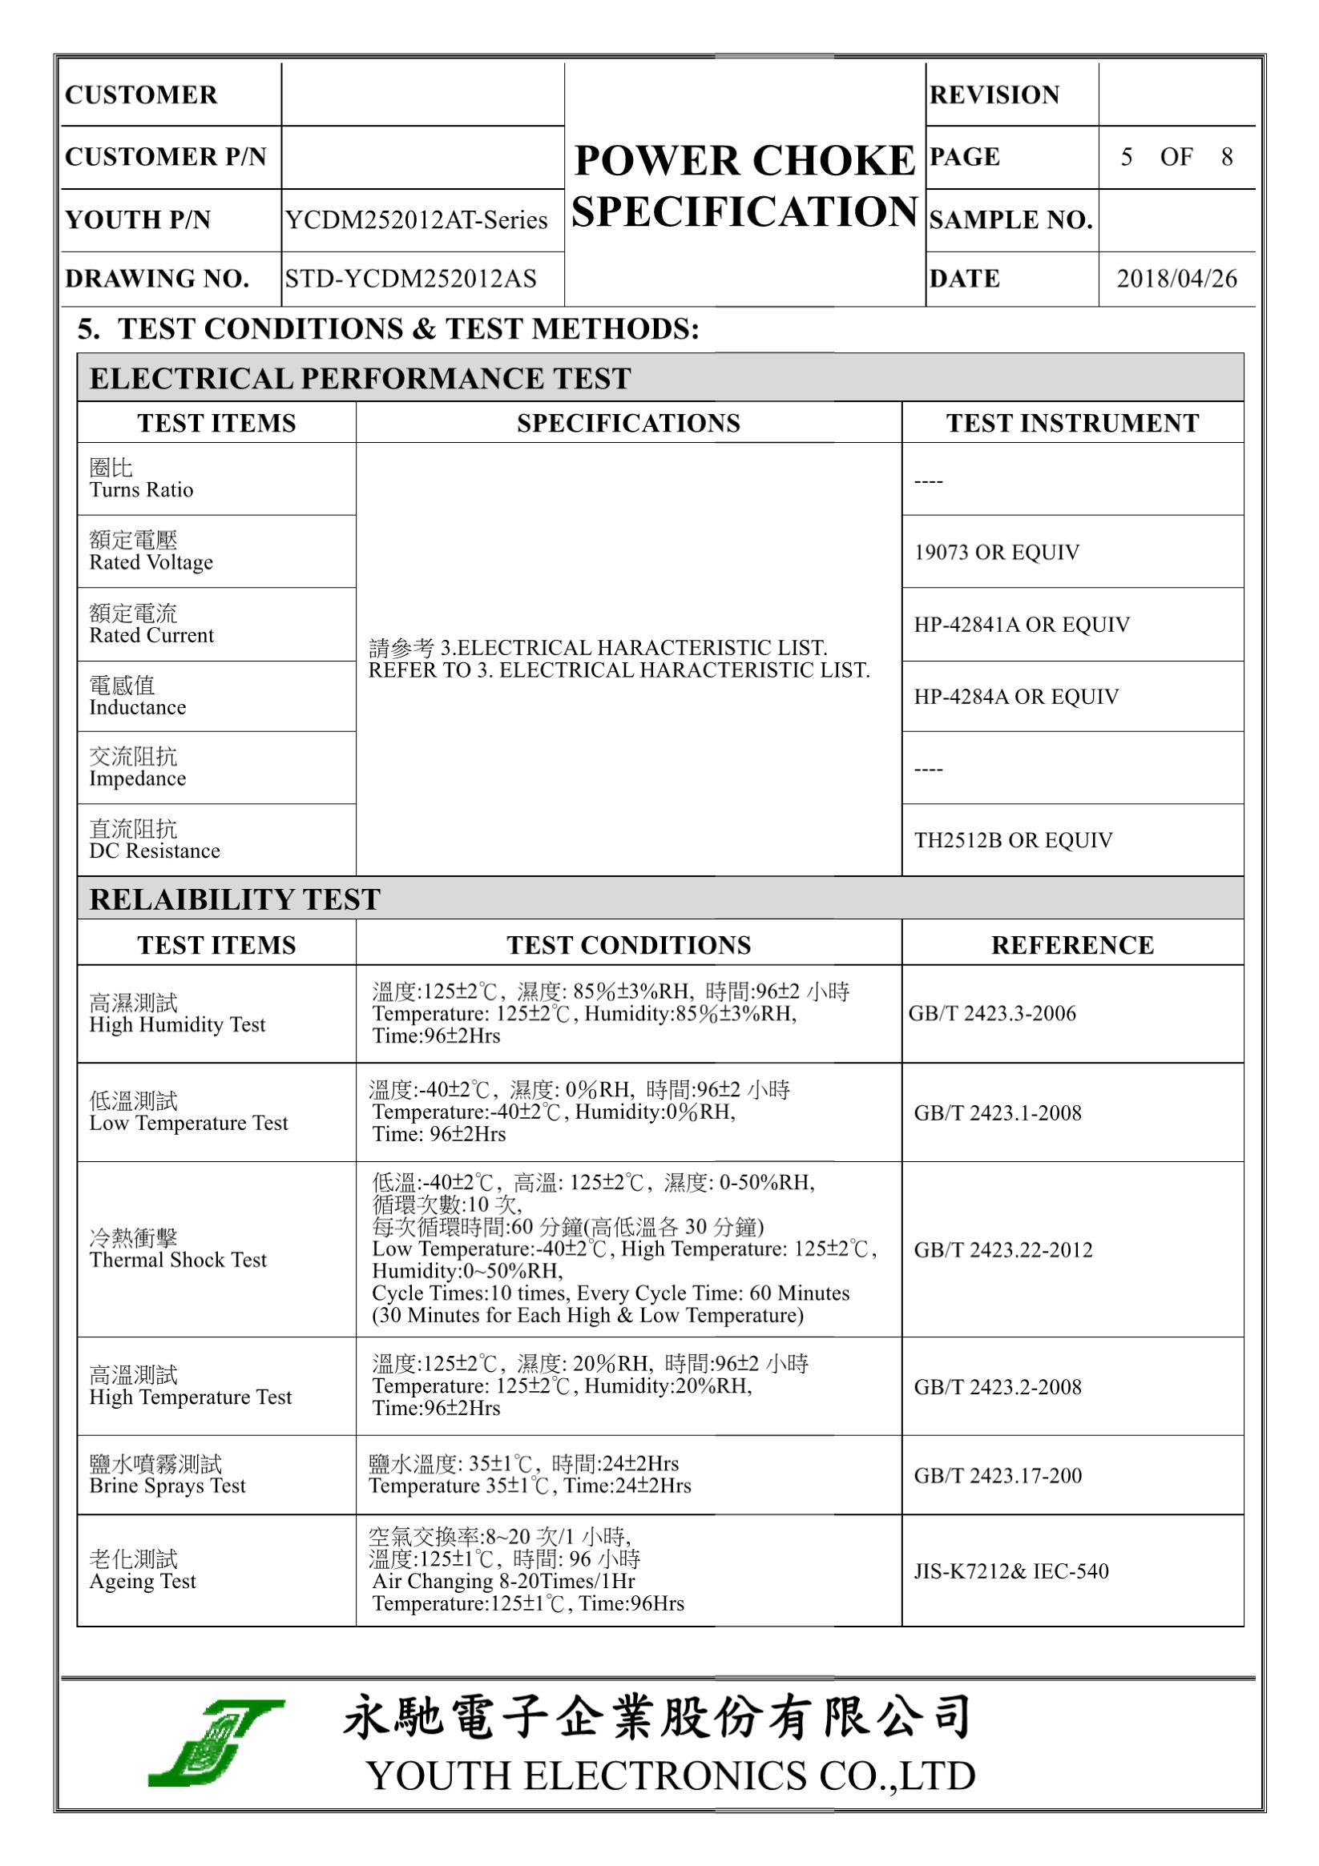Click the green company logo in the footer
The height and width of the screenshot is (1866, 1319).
215,1743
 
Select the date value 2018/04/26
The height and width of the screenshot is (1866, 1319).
1176,279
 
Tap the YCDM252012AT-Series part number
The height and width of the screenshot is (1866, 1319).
416,220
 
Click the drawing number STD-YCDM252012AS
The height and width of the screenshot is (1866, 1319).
410,279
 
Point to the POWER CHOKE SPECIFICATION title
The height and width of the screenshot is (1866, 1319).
744,185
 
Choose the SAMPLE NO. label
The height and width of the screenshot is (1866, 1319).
1010,220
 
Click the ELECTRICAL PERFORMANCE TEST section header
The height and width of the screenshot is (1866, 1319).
360,379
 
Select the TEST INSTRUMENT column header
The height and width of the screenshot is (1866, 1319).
1072,423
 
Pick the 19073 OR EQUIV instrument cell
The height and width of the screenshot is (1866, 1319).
996,553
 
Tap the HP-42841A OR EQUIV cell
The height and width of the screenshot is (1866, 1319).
1022,625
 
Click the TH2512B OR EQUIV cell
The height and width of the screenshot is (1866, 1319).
1012,840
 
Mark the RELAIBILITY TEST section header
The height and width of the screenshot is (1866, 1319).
234,899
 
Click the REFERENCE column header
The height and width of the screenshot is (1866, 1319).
1072,945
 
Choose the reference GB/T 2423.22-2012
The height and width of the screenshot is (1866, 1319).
1002,1250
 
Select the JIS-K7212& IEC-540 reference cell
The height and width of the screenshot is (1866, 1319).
1010,1571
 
